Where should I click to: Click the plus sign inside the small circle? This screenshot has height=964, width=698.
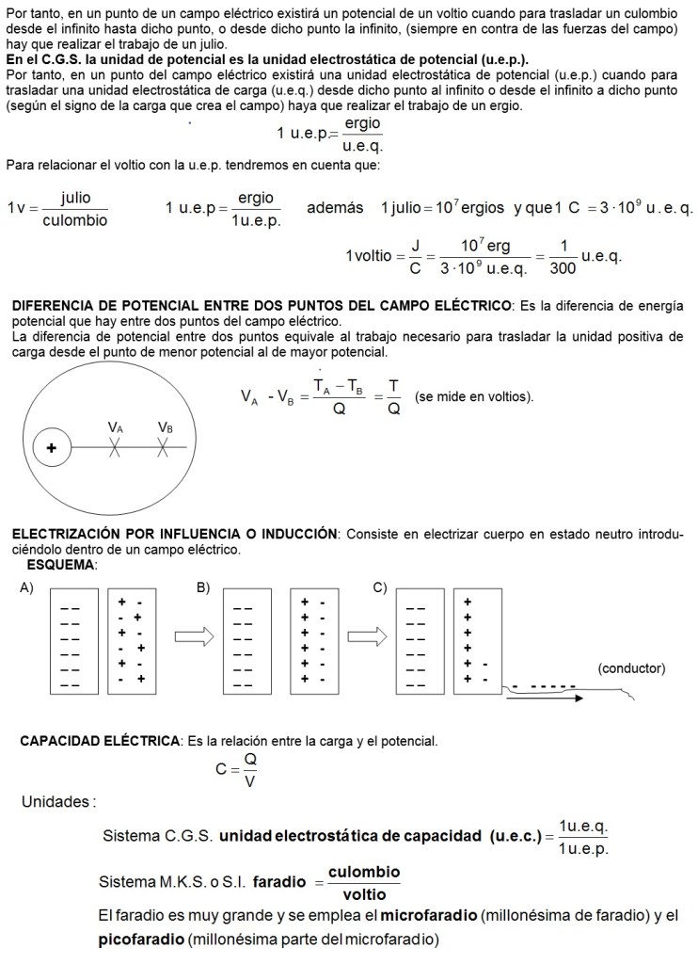(51, 449)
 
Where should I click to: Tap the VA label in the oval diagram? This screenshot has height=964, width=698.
(115, 426)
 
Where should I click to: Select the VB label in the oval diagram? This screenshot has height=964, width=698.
(166, 426)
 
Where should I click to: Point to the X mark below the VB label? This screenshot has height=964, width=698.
(165, 449)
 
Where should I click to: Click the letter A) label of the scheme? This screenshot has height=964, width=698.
(26, 587)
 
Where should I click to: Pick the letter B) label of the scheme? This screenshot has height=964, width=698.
(203, 587)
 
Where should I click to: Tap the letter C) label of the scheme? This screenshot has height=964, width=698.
(380, 587)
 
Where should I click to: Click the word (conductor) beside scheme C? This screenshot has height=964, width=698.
(631, 668)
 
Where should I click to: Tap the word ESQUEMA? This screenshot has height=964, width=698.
(62, 564)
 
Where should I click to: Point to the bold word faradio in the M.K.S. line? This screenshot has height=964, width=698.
(279, 882)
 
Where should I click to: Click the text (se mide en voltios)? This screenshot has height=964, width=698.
(473, 397)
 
